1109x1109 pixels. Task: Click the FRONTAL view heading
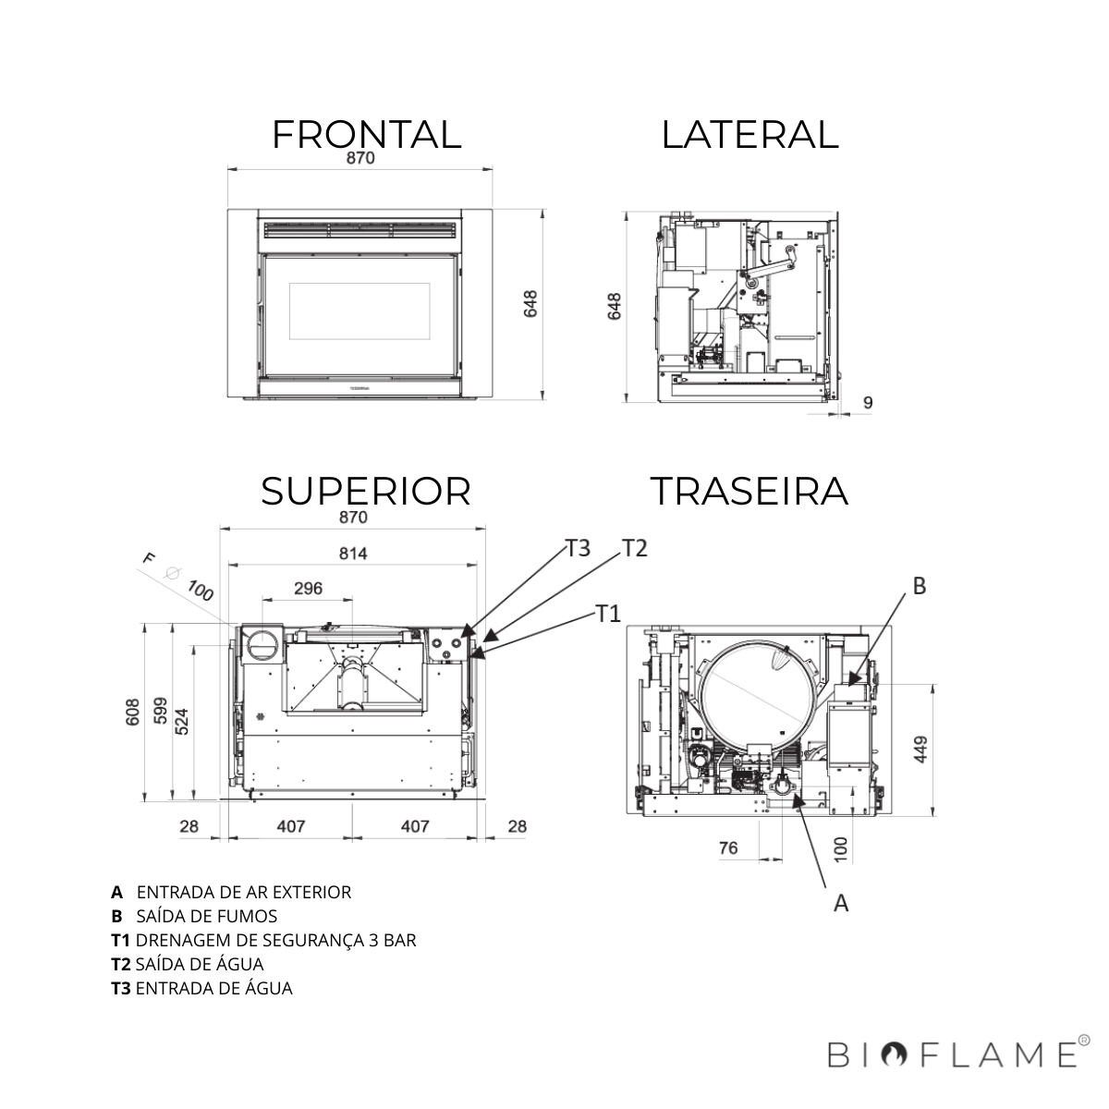[366, 134]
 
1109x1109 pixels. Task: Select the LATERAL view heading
[749, 134]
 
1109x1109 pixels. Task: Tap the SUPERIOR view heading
[366, 491]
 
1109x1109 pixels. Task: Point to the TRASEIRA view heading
[749, 491]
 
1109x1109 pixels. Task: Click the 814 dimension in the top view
[353, 554]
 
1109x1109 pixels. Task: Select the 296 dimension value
[308, 589]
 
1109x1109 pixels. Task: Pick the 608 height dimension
[133, 711]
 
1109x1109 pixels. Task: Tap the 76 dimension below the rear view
[728, 847]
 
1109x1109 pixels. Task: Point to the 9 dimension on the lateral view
[867, 403]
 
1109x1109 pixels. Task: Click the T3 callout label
[578, 548]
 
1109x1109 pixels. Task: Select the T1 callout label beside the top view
[607, 614]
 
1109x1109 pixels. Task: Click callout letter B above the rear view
[920, 586]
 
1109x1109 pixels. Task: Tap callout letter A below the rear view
[841, 904]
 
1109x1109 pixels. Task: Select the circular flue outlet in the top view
[264, 641]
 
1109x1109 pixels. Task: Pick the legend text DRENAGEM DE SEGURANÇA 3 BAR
[275, 940]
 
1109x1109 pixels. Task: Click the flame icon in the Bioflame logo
[894, 1054]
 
